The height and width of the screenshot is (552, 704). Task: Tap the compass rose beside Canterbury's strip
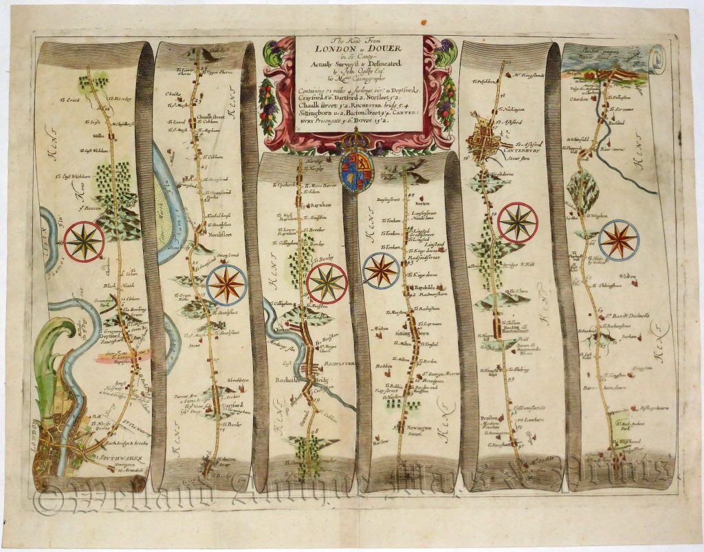point(518,222)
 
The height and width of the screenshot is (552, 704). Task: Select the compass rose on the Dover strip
point(619,239)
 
